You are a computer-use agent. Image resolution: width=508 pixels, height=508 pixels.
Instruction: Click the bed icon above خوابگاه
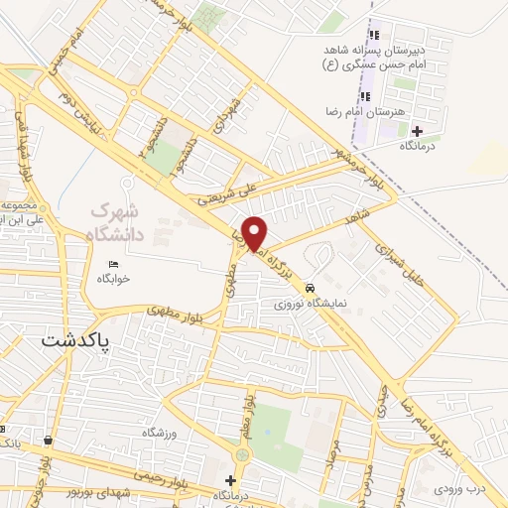point(114,264)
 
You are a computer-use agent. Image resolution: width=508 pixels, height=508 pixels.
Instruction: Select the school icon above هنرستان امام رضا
point(364,96)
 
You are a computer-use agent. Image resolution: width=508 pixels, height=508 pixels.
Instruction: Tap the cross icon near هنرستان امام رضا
point(417,131)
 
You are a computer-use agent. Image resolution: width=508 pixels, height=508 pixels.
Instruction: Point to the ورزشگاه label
point(159,433)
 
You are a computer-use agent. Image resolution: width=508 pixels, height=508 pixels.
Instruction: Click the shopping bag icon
point(48,440)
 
